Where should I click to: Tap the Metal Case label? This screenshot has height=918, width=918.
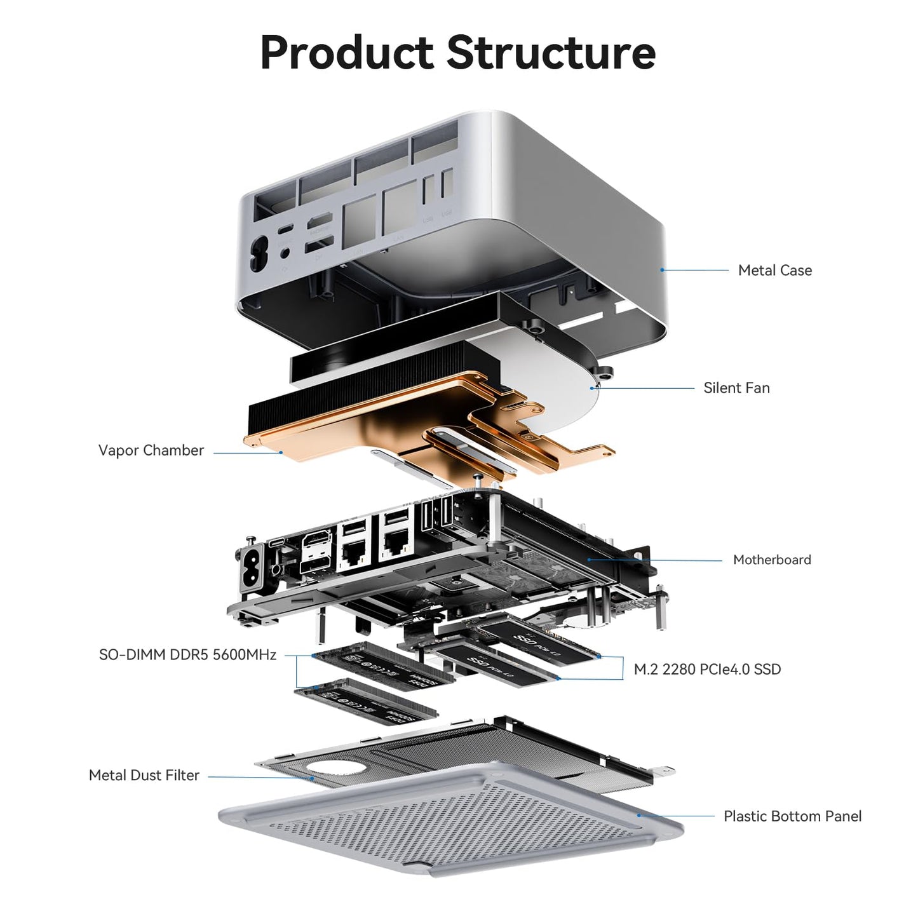click(774, 270)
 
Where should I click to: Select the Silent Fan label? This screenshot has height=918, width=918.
click(736, 388)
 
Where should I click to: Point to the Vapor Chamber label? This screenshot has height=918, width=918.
click(151, 450)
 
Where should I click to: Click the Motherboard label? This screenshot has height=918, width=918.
click(772, 560)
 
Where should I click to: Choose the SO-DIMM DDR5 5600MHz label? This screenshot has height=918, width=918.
click(187, 654)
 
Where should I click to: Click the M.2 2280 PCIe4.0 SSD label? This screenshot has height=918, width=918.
click(707, 669)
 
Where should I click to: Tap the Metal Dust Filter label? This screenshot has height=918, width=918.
click(144, 775)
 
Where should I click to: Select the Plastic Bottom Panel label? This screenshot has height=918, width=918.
click(792, 816)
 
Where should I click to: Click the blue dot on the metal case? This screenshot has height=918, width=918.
click(662, 270)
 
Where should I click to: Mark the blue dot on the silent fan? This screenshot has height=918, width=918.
click(592, 388)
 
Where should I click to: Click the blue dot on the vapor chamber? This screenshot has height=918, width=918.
click(281, 452)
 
